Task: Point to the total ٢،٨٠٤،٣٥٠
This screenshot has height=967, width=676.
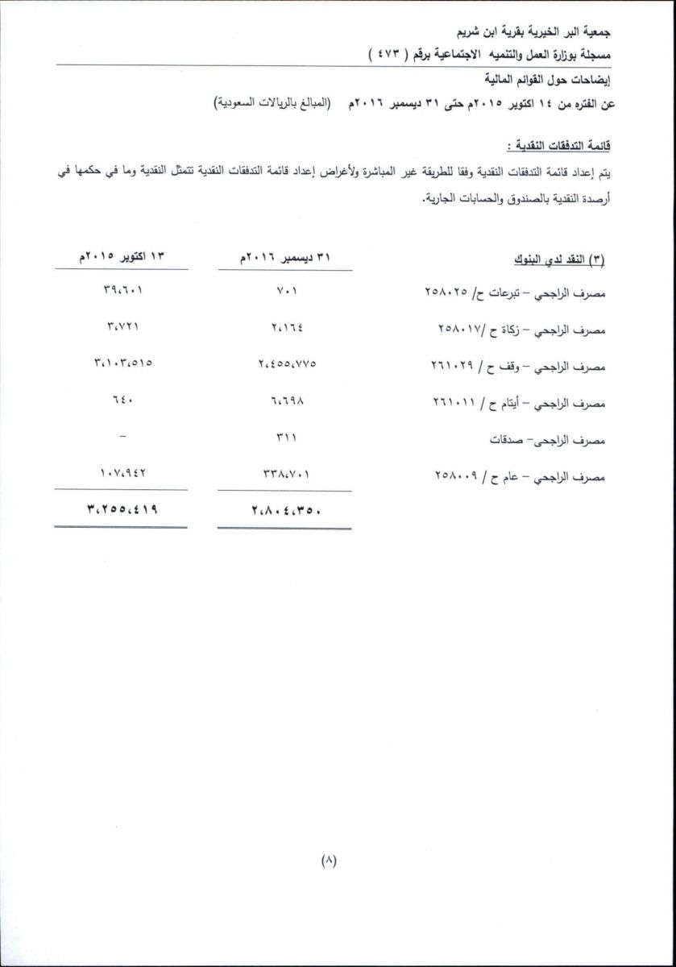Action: click(x=286, y=509)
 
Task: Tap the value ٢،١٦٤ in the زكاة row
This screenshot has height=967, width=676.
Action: click(x=286, y=327)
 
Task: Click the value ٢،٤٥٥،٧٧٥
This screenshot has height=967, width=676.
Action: click(x=286, y=364)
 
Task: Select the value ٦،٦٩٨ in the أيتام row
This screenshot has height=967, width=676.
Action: click(x=286, y=400)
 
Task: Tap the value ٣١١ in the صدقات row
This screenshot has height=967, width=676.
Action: click(x=286, y=438)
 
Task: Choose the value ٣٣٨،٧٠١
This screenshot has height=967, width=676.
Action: click(x=286, y=475)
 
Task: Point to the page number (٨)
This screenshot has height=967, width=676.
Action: click(x=328, y=861)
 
